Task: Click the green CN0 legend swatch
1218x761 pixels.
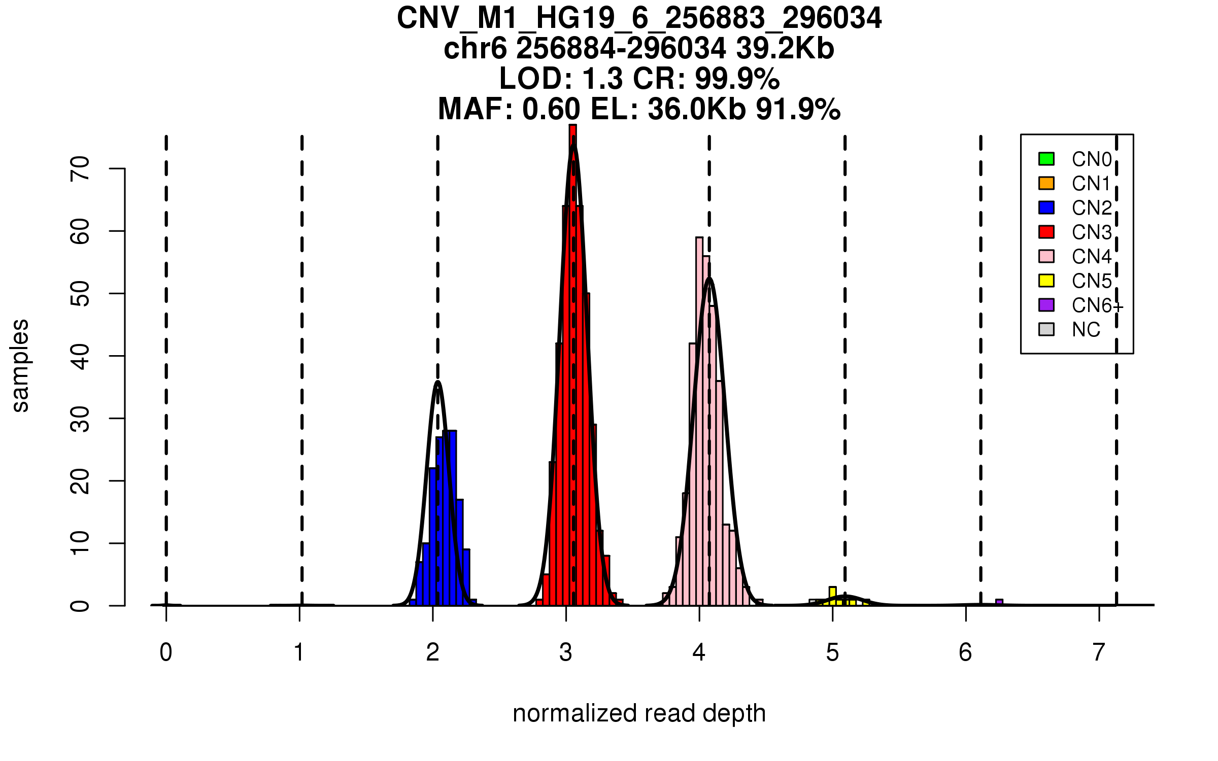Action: pos(1046,159)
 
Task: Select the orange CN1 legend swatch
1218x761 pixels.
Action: pos(1046,183)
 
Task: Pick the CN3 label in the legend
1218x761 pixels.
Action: pos(1092,232)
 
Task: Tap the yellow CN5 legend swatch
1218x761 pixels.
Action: pos(1046,281)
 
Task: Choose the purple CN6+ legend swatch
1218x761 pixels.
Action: pos(1046,305)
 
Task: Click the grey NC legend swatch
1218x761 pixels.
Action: pos(1046,329)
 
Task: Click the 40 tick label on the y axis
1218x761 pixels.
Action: pos(80,356)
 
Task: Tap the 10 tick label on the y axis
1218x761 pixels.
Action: pos(80,543)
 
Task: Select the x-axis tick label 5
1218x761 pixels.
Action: pos(832,652)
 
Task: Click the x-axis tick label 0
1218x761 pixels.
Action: pos(166,652)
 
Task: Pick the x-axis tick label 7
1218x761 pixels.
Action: pos(1099,652)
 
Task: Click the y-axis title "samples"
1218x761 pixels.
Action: pos(20,366)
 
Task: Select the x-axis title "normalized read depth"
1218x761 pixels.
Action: pos(639,713)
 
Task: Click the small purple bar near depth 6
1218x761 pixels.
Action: pos(999,602)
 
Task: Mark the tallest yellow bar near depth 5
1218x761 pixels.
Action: pos(833,596)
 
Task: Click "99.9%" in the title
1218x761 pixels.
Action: pos(737,79)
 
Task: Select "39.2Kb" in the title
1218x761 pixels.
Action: pos(785,49)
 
